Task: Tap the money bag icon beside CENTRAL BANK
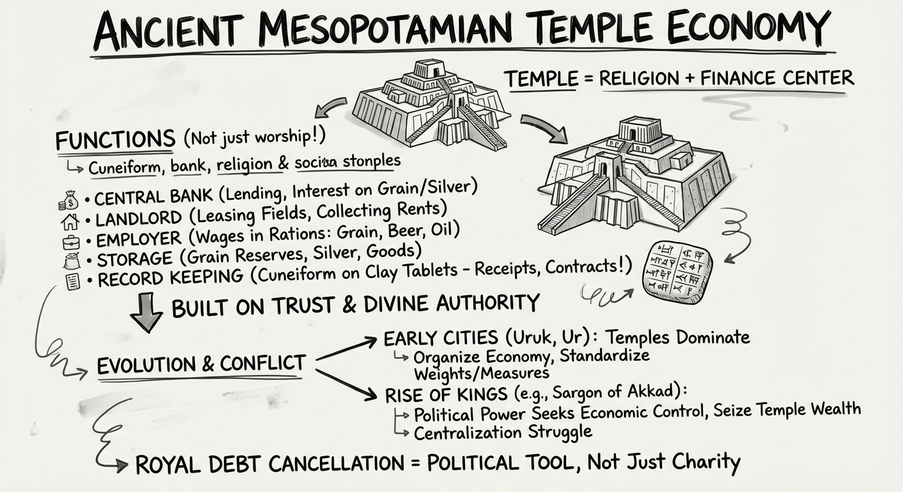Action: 67,202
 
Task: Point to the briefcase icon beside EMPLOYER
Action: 71,242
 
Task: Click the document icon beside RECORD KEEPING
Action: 72,281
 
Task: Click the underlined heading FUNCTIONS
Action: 115,139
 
